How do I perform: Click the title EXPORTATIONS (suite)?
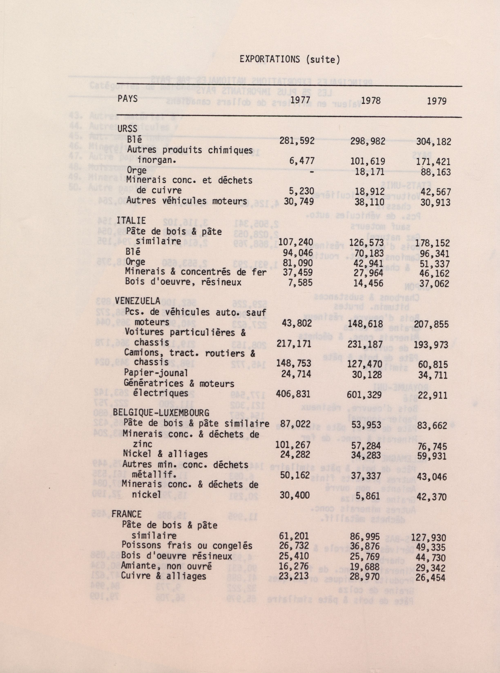(x=290, y=60)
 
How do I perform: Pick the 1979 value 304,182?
(x=433, y=141)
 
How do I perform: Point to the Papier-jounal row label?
(x=156, y=373)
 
